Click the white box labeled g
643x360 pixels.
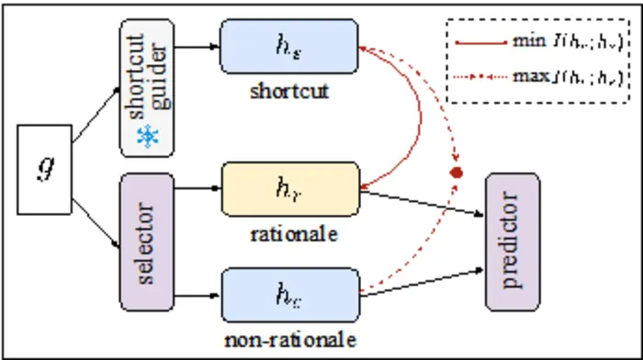45,170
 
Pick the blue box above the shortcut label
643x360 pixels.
288,45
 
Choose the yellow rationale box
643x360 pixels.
288,190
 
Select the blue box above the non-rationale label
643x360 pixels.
288,296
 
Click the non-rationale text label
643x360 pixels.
288,339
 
